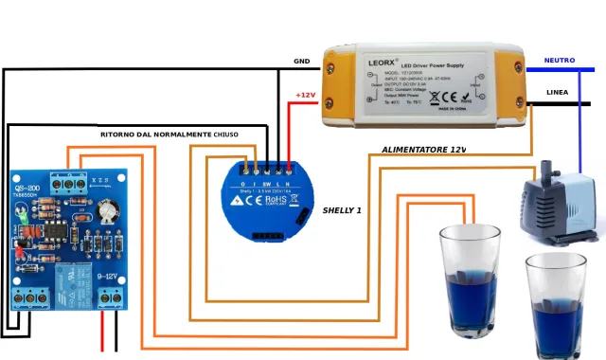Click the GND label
coord(301,61)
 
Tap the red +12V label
coord(305,95)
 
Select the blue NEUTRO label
coord(559,60)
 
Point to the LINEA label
coord(558,92)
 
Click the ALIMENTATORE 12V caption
coord(423,150)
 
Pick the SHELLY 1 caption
coord(342,209)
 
